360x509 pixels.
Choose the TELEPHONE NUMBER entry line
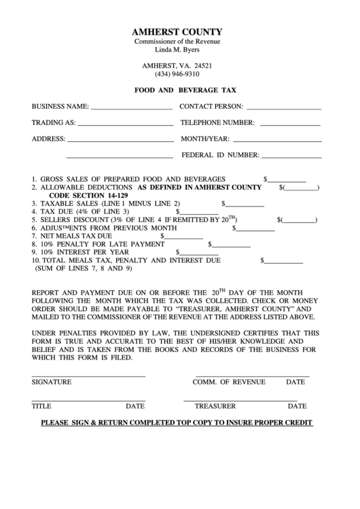click(x=289, y=124)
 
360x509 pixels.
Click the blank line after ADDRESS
click(x=120, y=140)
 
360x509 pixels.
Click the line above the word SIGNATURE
click(x=88, y=375)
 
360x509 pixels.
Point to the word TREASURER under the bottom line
click(x=215, y=406)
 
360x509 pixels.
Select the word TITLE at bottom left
click(x=41, y=406)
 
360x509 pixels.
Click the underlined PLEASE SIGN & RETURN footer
click(x=177, y=422)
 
